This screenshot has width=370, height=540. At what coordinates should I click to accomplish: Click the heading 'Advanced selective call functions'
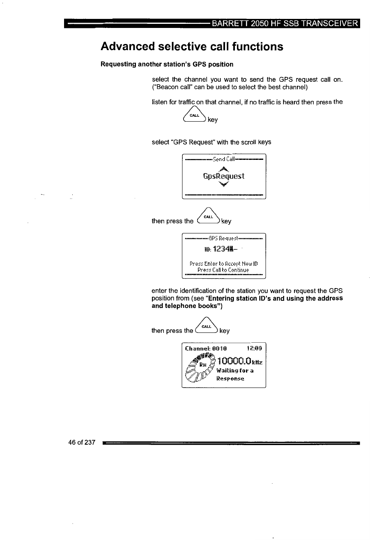pos(192,46)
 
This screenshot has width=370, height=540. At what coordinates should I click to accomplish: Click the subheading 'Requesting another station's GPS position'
pos(167,64)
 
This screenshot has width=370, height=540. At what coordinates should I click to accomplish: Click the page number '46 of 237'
pos(82,443)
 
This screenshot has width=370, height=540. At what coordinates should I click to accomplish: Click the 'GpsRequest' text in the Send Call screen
pos(223,177)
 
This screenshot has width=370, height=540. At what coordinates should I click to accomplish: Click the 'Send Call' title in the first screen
pos(223,159)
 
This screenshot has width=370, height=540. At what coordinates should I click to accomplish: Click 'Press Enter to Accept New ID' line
pos(223,263)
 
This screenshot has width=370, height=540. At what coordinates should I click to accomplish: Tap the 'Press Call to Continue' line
pos(223,270)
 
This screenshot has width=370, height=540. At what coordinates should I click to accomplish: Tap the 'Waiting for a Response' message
pos(234,374)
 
